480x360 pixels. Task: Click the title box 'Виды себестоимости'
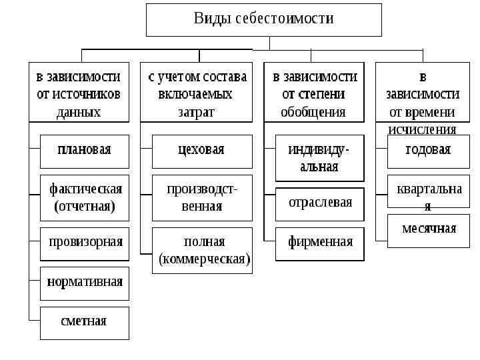point(264,19)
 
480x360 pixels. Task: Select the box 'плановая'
point(85,151)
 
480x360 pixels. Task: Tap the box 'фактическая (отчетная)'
point(85,197)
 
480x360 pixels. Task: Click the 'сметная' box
point(85,323)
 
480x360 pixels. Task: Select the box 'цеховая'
point(202,151)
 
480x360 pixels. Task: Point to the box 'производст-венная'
point(202,197)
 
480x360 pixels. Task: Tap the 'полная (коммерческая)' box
point(202,250)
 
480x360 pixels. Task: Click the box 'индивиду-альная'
point(320,158)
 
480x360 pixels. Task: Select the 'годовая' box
point(428,151)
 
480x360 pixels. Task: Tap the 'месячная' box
point(428,230)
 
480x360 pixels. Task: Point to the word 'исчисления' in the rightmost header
point(423,129)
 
